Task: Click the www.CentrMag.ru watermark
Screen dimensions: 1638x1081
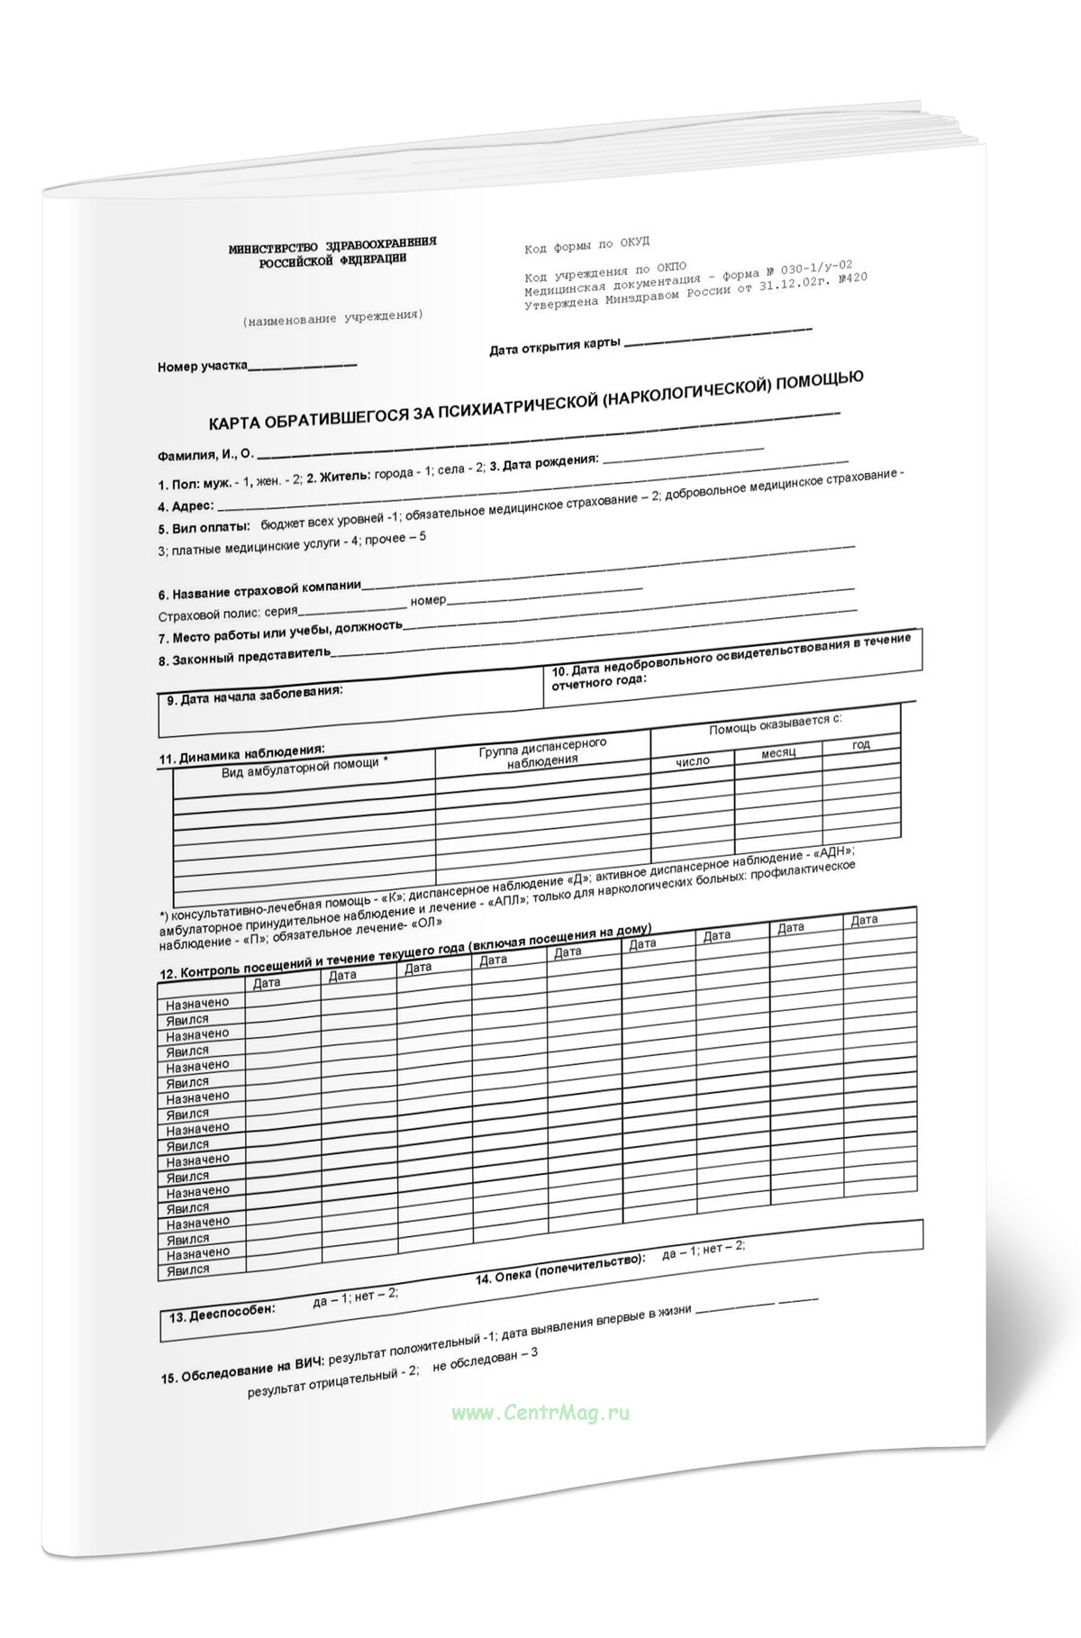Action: (x=540, y=1413)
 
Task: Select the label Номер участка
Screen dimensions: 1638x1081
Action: (x=203, y=367)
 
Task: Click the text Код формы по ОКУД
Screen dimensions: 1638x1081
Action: (x=586, y=245)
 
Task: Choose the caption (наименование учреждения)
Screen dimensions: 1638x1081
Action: (x=332, y=317)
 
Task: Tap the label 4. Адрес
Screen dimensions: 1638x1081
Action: (x=186, y=506)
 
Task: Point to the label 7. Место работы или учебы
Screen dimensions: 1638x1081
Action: (x=280, y=632)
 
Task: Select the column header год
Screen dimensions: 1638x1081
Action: (x=861, y=745)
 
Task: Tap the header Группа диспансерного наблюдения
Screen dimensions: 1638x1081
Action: (x=542, y=752)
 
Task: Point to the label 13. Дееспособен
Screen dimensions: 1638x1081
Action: (x=222, y=1314)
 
